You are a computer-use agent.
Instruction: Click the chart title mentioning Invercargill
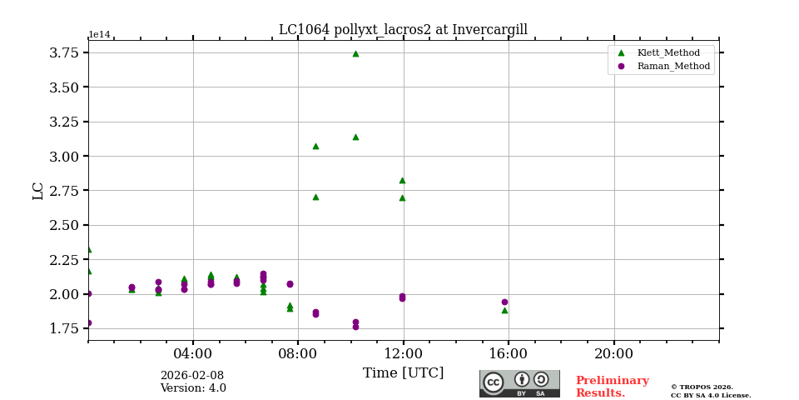(403, 30)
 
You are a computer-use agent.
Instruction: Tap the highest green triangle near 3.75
(355, 53)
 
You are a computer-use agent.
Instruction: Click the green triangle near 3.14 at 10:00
(355, 137)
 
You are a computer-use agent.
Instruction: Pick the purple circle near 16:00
(504, 302)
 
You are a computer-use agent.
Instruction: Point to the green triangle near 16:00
(504, 311)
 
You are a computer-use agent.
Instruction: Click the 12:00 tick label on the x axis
(404, 352)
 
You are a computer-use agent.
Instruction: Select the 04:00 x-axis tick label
(193, 352)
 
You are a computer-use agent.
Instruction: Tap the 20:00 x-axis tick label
(614, 352)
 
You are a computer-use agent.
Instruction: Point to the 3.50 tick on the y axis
(65, 87)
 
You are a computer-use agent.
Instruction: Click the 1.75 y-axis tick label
(65, 328)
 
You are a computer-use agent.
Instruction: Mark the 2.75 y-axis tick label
(65, 191)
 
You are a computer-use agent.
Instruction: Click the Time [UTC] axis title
(403, 373)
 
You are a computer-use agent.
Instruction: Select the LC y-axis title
(38, 191)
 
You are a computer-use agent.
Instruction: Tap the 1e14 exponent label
(99, 35)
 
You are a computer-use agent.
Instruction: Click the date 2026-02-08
(192, 376)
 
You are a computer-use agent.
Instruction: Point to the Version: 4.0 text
(193, 388)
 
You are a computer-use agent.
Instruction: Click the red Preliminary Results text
(612, 387)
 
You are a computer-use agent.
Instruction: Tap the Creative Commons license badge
(519, 383)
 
